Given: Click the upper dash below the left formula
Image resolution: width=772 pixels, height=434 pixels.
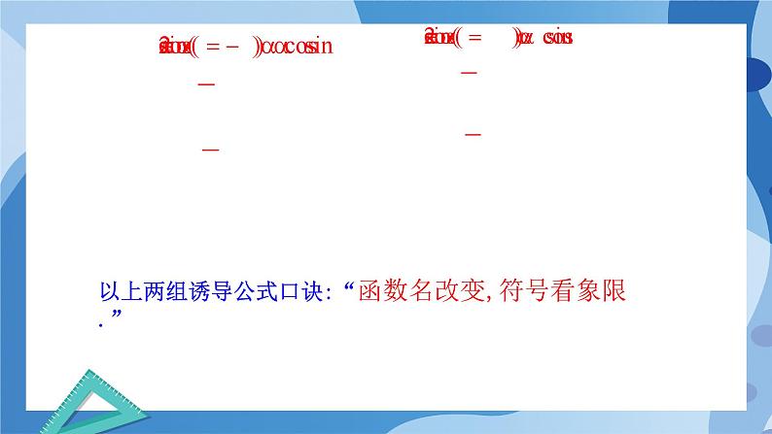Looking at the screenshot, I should [205, 85].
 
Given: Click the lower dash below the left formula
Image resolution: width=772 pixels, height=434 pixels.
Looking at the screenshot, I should [209, 150].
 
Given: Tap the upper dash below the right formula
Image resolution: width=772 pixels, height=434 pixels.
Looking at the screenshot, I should [469, 74].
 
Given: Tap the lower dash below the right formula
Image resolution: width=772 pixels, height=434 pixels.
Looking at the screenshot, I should [474, 134].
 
